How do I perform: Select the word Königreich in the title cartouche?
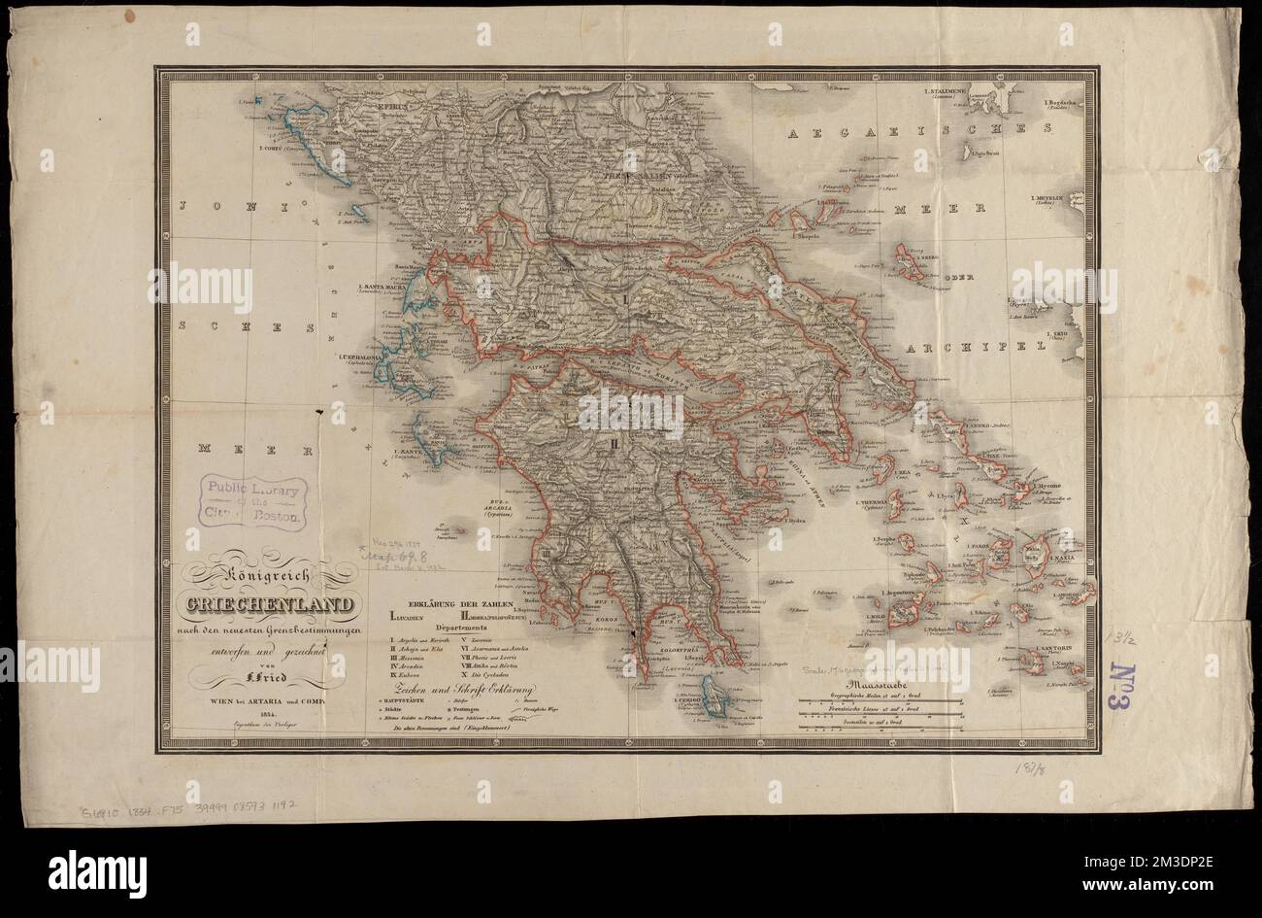(x=268, y=579)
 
